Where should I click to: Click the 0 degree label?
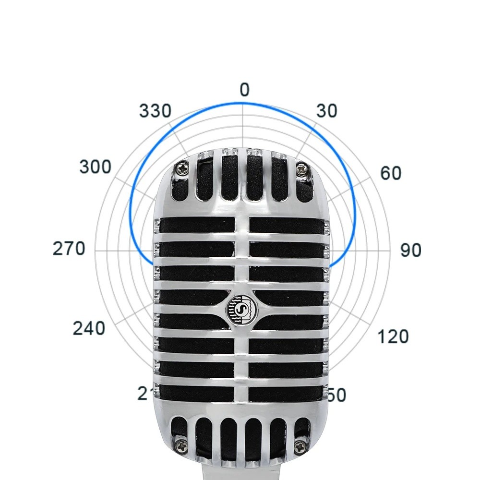pos(244,90)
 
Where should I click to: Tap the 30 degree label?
pos(327,111)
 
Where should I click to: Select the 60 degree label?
pos(390,173)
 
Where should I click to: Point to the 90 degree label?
pos(410,250)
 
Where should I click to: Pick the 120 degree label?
pos(393,336)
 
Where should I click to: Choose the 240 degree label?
pos(89,329)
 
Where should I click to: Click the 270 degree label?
pos(69,250)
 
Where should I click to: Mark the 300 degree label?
pos(95,168)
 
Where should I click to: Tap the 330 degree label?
pos(155,111)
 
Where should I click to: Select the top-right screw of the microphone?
pos(301,168)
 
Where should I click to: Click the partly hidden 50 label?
pos(337,395)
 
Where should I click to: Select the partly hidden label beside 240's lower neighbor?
pos(144,394)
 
